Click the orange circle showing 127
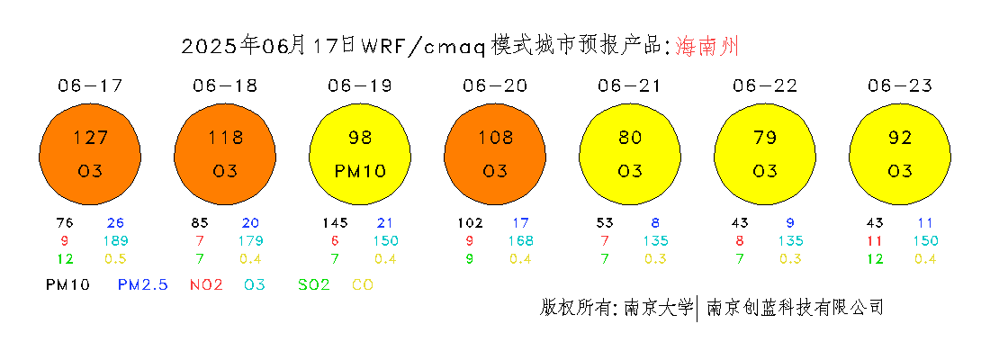[x=90, y=155]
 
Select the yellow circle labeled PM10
[x=360, y=155]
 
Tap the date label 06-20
[x=494, y=85]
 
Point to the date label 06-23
[x=900, y=85]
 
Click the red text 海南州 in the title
[x=706, y=47]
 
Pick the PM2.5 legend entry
[x=143, y=284]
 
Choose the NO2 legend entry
[x=206, y=284]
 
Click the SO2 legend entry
[x=314, y=284]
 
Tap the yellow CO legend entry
[x=363, y=284]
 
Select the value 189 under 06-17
[x=117, y=240]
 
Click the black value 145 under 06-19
[x=335, y=223]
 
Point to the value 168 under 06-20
[x=521, y=240]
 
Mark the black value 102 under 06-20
[x=470, y=223]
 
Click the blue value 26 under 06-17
[x=115, y=223]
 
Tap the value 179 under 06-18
[x=251, y=240]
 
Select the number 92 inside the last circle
[x=900, y=137]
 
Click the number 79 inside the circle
[x=765, y=137]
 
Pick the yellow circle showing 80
[x=630, y=155]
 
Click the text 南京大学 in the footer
[x=659, y=308]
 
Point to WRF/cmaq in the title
[x=423, y=47]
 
